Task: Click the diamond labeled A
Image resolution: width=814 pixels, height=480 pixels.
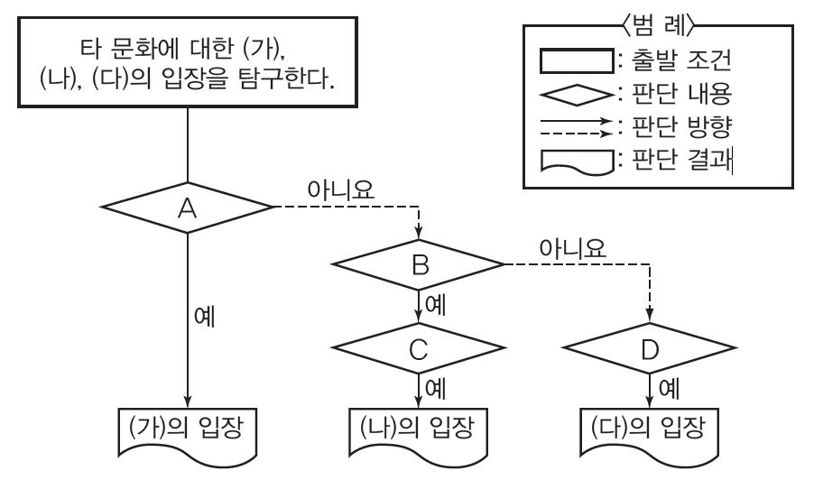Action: point(187,208)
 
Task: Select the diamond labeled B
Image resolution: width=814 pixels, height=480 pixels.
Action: point(417,264)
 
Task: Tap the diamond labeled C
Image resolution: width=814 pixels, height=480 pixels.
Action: point(417,351)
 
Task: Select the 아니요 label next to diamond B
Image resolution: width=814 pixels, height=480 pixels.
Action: point(571,246)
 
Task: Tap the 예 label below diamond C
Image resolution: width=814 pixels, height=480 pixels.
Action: point(435,391)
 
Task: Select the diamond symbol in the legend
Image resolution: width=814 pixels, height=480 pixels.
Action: point(574,93)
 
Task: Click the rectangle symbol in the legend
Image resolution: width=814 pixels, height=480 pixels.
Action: point(574,61)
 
